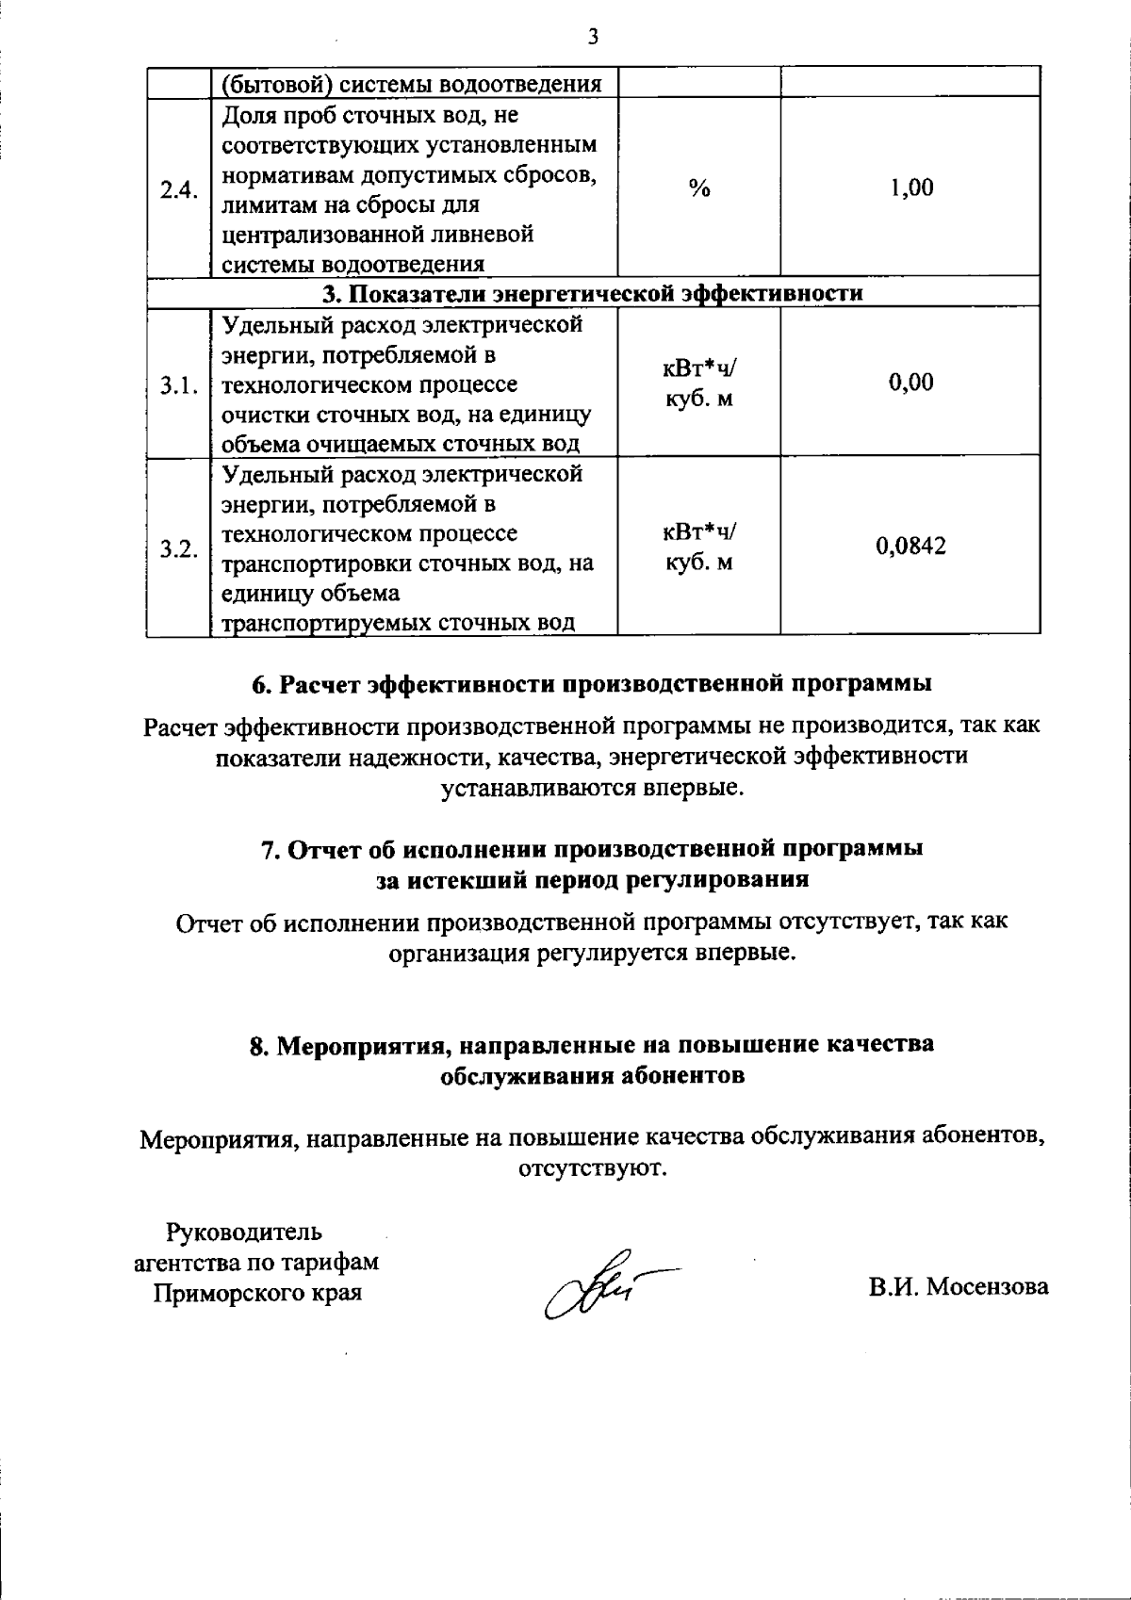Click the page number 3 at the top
tap(592, 37)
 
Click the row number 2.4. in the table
tap(178, 189)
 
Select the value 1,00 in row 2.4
tap(911, 188)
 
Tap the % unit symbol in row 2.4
tap(698, 188)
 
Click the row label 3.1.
tap(178, 384)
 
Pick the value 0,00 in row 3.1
tap(911, 383)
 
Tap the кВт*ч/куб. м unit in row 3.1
tap(698, 384)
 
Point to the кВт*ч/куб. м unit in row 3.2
tap(698, 547)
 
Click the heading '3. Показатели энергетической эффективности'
tap(592, 293)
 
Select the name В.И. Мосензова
tap(958, 1286)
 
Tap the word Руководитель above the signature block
tap(244, 1232)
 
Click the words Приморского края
tap(257, 1292)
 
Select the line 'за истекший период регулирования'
tap(592, 879)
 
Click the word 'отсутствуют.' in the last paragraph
tap(592, 1168)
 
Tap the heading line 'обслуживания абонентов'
tap(593, 1075)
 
